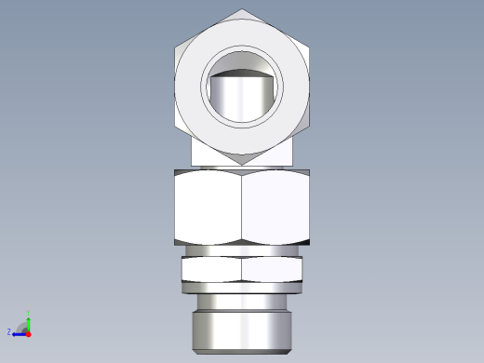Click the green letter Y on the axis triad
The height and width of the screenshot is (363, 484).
point(31,315)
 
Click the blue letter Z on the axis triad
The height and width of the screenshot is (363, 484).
point(9,331)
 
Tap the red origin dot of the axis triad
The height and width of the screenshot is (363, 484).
point(28,333)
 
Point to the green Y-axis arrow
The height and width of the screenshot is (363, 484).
point(28,324)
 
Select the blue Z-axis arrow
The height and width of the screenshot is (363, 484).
point(19,332)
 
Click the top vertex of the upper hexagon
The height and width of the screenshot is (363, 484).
point(241,11)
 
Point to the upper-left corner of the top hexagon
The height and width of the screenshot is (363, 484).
point(176,47)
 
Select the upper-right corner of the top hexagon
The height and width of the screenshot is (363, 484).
point(307,47)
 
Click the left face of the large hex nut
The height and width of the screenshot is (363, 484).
point(208,208)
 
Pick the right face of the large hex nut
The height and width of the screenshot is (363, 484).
point(276,208)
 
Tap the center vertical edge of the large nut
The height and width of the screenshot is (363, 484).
point(241,208)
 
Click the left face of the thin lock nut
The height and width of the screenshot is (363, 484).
point(211,270)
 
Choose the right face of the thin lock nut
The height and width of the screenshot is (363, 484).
point(272,270)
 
